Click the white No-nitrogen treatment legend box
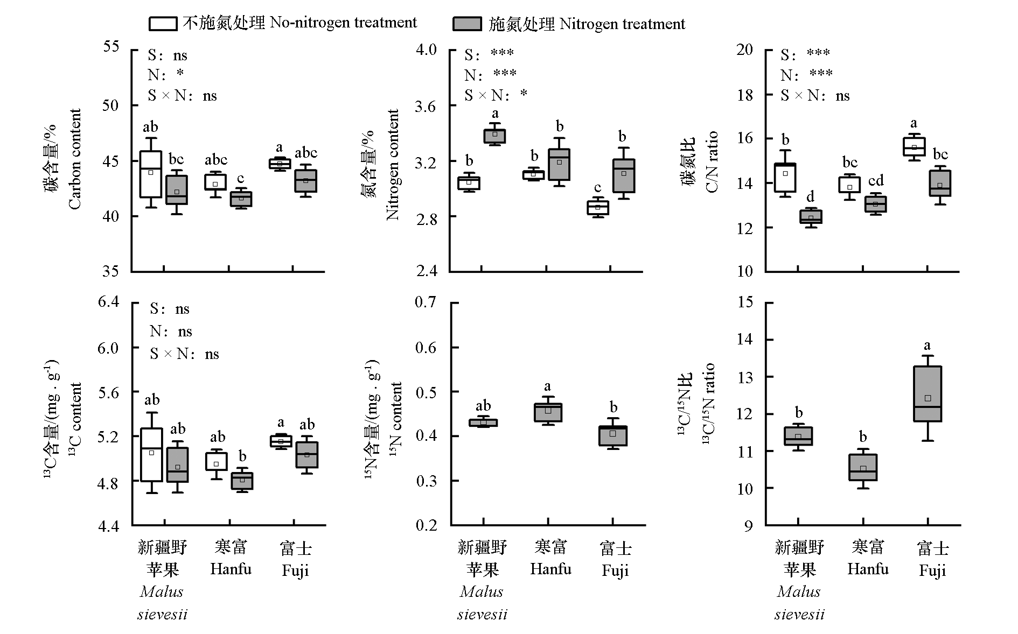(x=163, y=23)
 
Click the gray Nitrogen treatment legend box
(x=466, y=24)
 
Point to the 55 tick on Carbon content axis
(x=111, y=46)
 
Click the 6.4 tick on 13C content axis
(x=109, y=301)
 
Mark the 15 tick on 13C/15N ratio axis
(x=745, y=302)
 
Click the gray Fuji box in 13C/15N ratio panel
(x=928, y=394)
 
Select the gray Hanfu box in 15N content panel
(x=548, y=412)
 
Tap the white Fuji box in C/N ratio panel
(x=914, y=146)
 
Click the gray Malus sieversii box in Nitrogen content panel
(x=495, y=136)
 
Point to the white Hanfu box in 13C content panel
(x=217, y=461)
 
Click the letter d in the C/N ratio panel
(x=810, y=196)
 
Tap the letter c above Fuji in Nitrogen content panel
(x=598, y=188)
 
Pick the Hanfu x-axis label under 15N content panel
(x=550, y=558)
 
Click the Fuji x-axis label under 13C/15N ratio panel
(x=932, y=560)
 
